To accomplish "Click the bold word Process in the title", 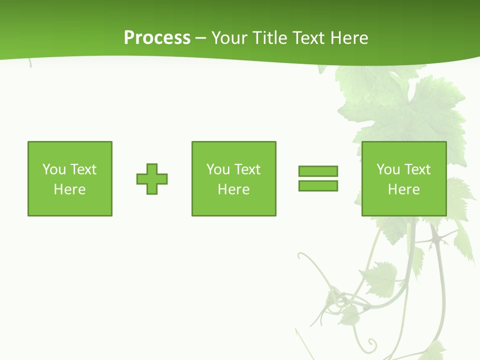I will click(157, 38).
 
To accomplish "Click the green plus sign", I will click(152, 179).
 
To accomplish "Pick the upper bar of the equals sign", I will click(318, 171).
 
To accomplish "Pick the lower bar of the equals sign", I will click(318, 185).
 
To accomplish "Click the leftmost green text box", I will click(70, 178).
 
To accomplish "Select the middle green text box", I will click(233, 178).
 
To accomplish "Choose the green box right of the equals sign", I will click(403, 178).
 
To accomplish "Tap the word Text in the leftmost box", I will click(83, 169).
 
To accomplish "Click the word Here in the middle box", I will click(233, 189).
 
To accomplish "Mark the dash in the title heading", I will click(201, 38).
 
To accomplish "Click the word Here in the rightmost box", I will click(403, 189).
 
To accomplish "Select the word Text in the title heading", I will click(309, 38).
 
